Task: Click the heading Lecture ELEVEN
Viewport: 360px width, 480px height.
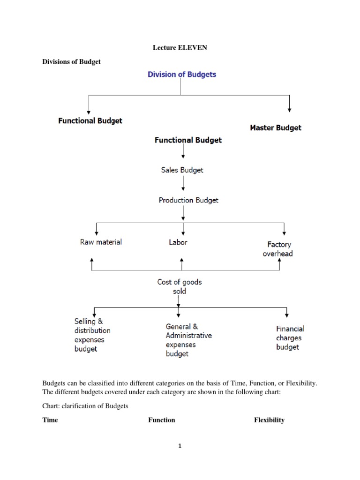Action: [180, 47]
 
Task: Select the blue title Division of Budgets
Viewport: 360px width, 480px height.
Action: [182, 75]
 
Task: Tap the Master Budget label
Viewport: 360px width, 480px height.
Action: [276, 127]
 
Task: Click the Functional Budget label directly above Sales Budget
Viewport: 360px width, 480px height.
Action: [188, 140]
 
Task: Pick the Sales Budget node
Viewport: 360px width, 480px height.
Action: [182, 170]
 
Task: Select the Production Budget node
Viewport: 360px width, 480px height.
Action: [188, 200]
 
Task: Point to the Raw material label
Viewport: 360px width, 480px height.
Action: [101, 242]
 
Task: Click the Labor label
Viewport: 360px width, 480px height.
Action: [178, 242]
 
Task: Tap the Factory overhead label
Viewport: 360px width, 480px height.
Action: [279, 249]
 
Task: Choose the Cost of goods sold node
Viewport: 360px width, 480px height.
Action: [180, 286]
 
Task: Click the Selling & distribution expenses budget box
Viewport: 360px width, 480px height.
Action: [92, 335]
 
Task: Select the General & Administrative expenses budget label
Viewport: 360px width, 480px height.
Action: [188, 340]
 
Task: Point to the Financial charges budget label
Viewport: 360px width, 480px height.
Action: [290, 338]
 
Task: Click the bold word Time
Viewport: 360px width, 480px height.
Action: [50, 420]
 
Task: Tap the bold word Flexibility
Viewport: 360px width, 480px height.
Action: [269, 420]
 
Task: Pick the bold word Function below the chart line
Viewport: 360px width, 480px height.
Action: [162, 420]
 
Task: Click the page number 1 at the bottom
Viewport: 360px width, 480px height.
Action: [179, 446]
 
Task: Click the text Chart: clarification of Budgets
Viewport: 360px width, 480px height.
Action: [85, 406]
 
